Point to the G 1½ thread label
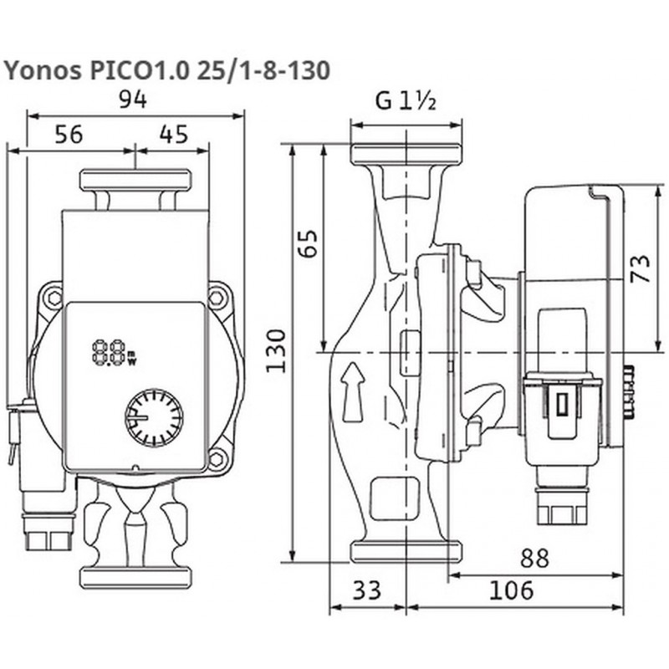pyautogui.click(x=406, y=101)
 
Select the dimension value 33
pyautogui.click(x=365, y=590)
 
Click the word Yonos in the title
pyautogui.click(x=40, y=70)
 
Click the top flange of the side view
pyautogui.click(x=406, y=154)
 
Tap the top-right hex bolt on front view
pyautogui.click(x=218, y=296)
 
